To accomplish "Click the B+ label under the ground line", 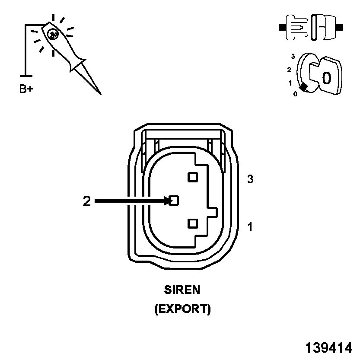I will coord(26,89).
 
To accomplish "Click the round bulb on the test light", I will coord(53,34).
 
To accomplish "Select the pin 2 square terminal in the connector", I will coord(174,201).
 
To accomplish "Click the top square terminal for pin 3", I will coord(192,177).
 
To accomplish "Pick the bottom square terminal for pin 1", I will coord(193,223).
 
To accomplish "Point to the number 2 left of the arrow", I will coord(87,201).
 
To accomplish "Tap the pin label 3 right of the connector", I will coord(250,179).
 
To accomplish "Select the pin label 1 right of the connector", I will coord(250,226).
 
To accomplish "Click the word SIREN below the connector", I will coord(182,289).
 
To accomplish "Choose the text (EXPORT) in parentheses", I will coord(182,309).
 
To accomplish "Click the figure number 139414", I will coord(328,348).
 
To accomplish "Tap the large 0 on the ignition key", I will coord(327,78).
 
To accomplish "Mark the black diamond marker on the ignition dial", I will coord(304,87).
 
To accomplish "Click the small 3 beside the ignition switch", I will coord(293,56).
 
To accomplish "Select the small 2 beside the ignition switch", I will coord(289,69).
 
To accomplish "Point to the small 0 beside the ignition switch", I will coord(295,94).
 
